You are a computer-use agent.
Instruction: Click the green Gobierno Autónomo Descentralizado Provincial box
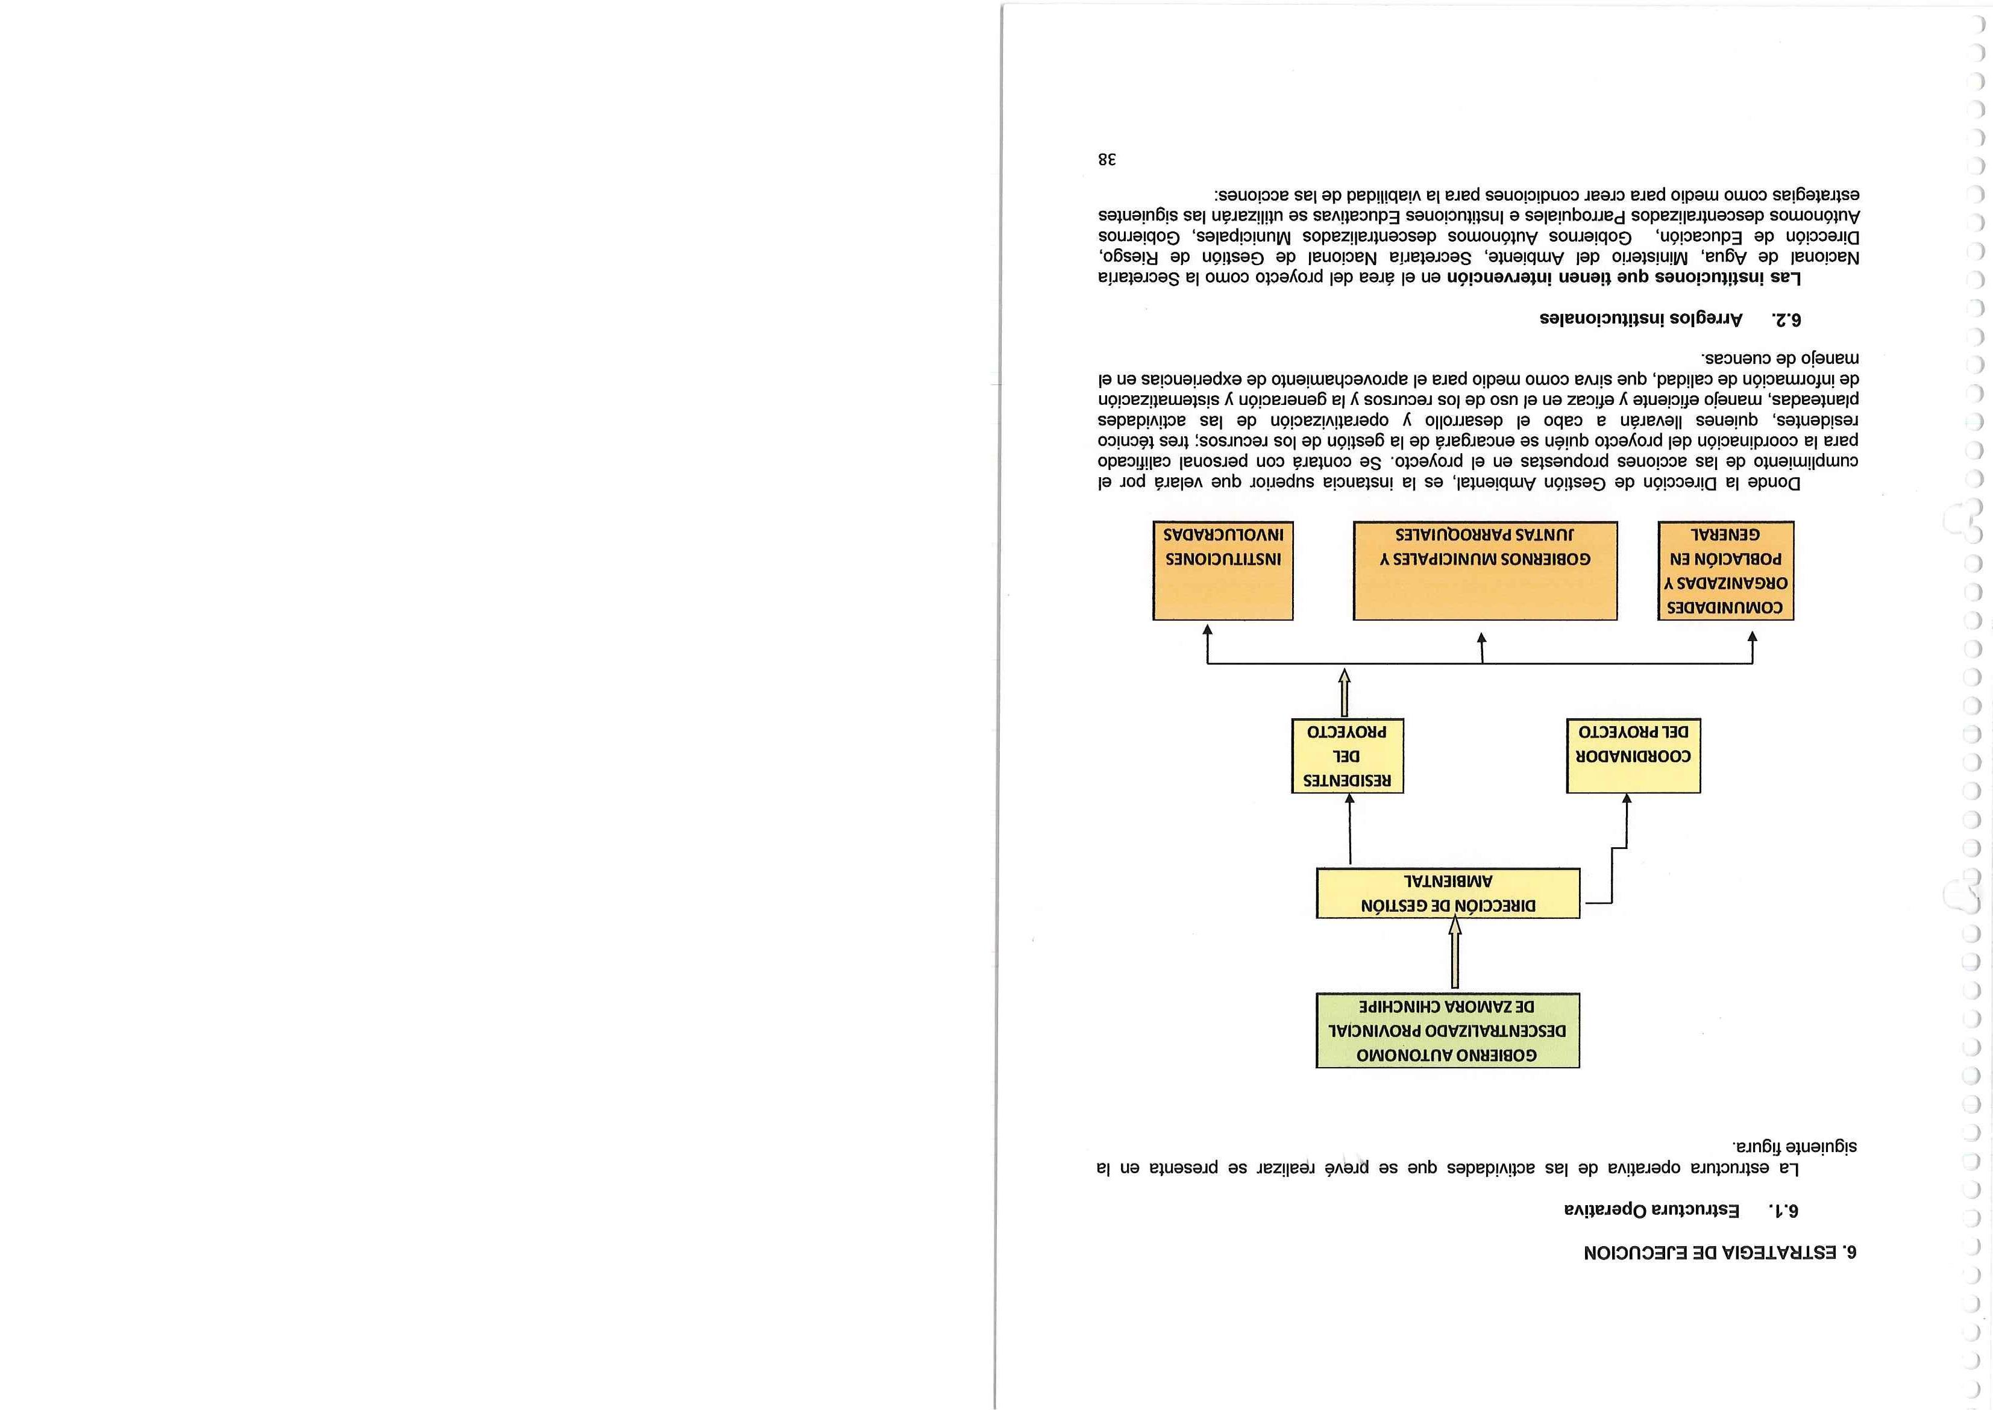[1447, 1030]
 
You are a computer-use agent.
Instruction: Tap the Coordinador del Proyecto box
[1633, 756]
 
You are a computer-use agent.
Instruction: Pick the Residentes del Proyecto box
[1348, 756]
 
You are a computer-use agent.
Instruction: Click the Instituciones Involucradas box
[1223, 571]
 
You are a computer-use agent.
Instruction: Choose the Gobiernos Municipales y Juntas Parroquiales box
[1485, 571]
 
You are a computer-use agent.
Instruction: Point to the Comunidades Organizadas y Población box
[1725, 571]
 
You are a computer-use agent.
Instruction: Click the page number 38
[1106, 160]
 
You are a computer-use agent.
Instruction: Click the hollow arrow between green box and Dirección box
[1455, 953]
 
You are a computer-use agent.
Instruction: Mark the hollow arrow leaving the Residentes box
[1345, 692]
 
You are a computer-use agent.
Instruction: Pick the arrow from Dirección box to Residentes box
[1349, 829]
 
